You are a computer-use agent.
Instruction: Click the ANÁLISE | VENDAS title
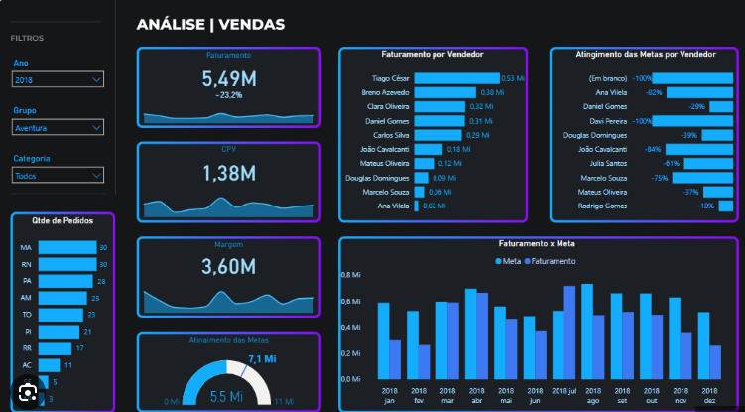tap(210, 23)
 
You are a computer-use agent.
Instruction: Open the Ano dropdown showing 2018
tap(58, 79)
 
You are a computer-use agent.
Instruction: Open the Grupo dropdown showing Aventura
tap(58, 127)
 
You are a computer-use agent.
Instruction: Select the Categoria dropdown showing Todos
tap(58, 175)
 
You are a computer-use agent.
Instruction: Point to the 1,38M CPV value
tap(228, 173)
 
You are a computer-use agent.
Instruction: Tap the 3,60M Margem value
tap(228, 266)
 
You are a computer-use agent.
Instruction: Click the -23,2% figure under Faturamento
tap(228, 95)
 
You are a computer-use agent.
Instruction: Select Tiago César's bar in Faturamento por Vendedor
tap(456, 77)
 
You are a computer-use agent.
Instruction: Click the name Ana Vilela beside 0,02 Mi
tap(394, 206)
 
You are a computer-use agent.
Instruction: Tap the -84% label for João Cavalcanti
tap(654, 149)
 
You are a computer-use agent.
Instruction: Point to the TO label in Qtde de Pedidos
tap(26, 315)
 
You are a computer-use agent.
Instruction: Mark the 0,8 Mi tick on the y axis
tap(350, 274)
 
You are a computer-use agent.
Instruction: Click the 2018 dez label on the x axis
tap(709, 397)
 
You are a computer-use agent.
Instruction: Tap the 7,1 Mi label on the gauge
tap(262, 359)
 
